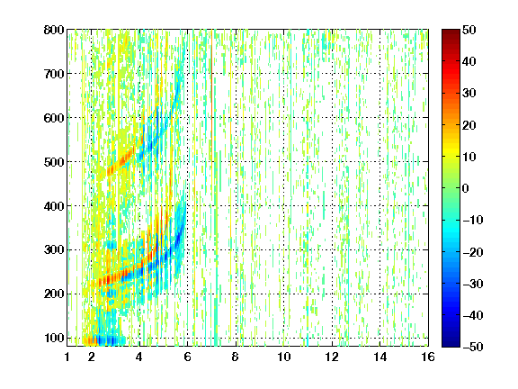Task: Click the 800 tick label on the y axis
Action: (x=54, y=30)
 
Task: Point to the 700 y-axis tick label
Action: (x=54, y=74)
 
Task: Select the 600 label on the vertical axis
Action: (x=54, y=118)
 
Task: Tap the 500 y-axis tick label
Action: (x=54, y=162)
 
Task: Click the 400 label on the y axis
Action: (x=54, y=206)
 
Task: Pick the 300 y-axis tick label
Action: (x=54, y=250)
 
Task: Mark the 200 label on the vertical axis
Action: (x=54, y=294)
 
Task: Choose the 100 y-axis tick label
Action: (x=54, y=338)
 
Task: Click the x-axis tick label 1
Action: (x=67, y=357)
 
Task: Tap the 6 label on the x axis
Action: (x=188, y=357)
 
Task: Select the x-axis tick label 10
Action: (x=284, y=357)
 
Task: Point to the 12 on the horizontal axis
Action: (x=332, y=357)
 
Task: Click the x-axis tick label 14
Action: (x=380, y=357)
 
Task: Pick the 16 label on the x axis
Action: (x=428, y=357)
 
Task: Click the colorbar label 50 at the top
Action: (x=469, y=30)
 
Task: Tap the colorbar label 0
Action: (x=465, y=188)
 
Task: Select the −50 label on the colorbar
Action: (x=473, y=347)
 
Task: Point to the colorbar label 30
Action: (x=469, y=93)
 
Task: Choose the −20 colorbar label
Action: (x=473, y=252)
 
